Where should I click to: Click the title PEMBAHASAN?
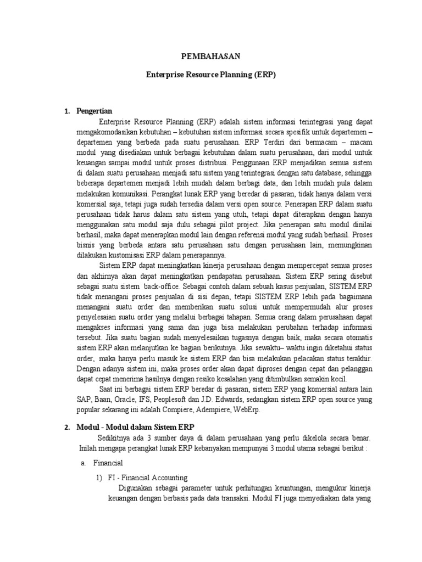tap(210, 56)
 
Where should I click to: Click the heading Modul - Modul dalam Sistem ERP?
tap(140, 426)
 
